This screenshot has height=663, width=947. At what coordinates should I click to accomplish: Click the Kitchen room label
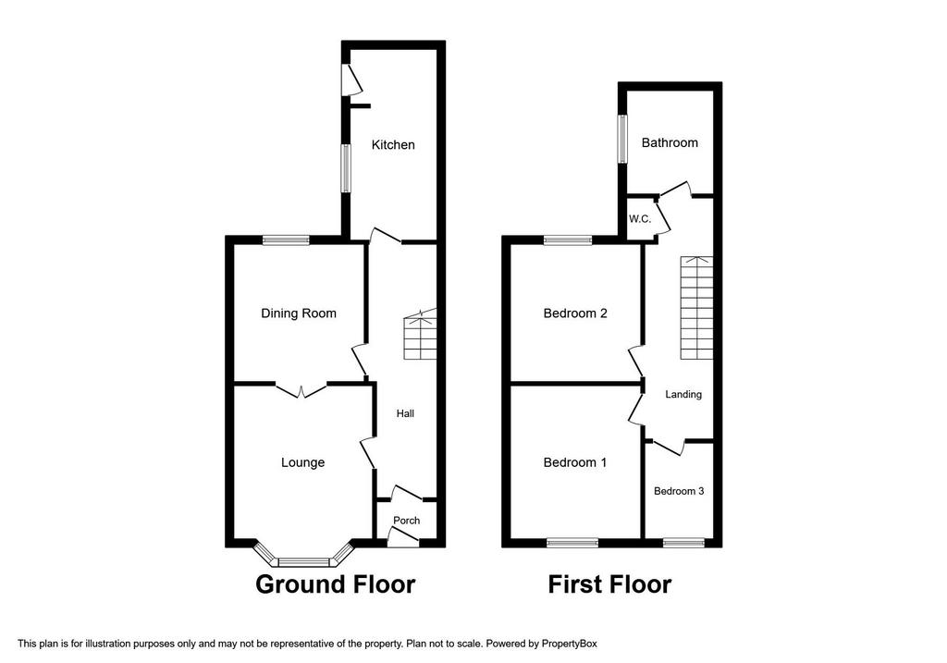pos(392,145)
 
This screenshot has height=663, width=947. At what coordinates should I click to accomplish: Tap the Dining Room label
pos(299,313)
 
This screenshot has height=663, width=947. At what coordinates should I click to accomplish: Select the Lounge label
pos(302,462)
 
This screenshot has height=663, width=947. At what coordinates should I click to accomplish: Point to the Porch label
pos(407,521)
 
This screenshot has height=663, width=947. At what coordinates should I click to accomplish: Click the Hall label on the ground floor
pos(405,413)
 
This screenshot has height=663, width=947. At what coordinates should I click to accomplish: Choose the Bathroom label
pos(670,143)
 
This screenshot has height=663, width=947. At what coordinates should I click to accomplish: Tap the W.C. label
pos(640,219)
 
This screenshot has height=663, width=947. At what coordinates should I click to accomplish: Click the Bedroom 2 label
pos(575,313)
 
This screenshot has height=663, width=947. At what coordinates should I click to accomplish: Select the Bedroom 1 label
pos(575,462)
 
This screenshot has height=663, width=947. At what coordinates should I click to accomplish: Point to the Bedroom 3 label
pos(679,492)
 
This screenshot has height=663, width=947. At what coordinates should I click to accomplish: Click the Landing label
pos(683,394)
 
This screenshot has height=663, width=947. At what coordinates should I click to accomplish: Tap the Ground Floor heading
pos(335,584)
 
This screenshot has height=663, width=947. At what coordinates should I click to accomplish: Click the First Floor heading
pos(609,584)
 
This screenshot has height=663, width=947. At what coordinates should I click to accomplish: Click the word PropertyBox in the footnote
pos(569,644)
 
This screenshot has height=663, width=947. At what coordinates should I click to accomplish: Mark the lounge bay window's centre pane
pos(303,563)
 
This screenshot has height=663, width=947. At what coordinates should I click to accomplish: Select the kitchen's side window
pos(346,168)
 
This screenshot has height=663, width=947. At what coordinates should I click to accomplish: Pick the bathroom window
pos(622,139)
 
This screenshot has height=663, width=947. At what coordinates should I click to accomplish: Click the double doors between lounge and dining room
pos(301,390)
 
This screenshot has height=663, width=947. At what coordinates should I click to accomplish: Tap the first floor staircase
pos(697,308)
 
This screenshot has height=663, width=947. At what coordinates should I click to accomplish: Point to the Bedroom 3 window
pos(683,543)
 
